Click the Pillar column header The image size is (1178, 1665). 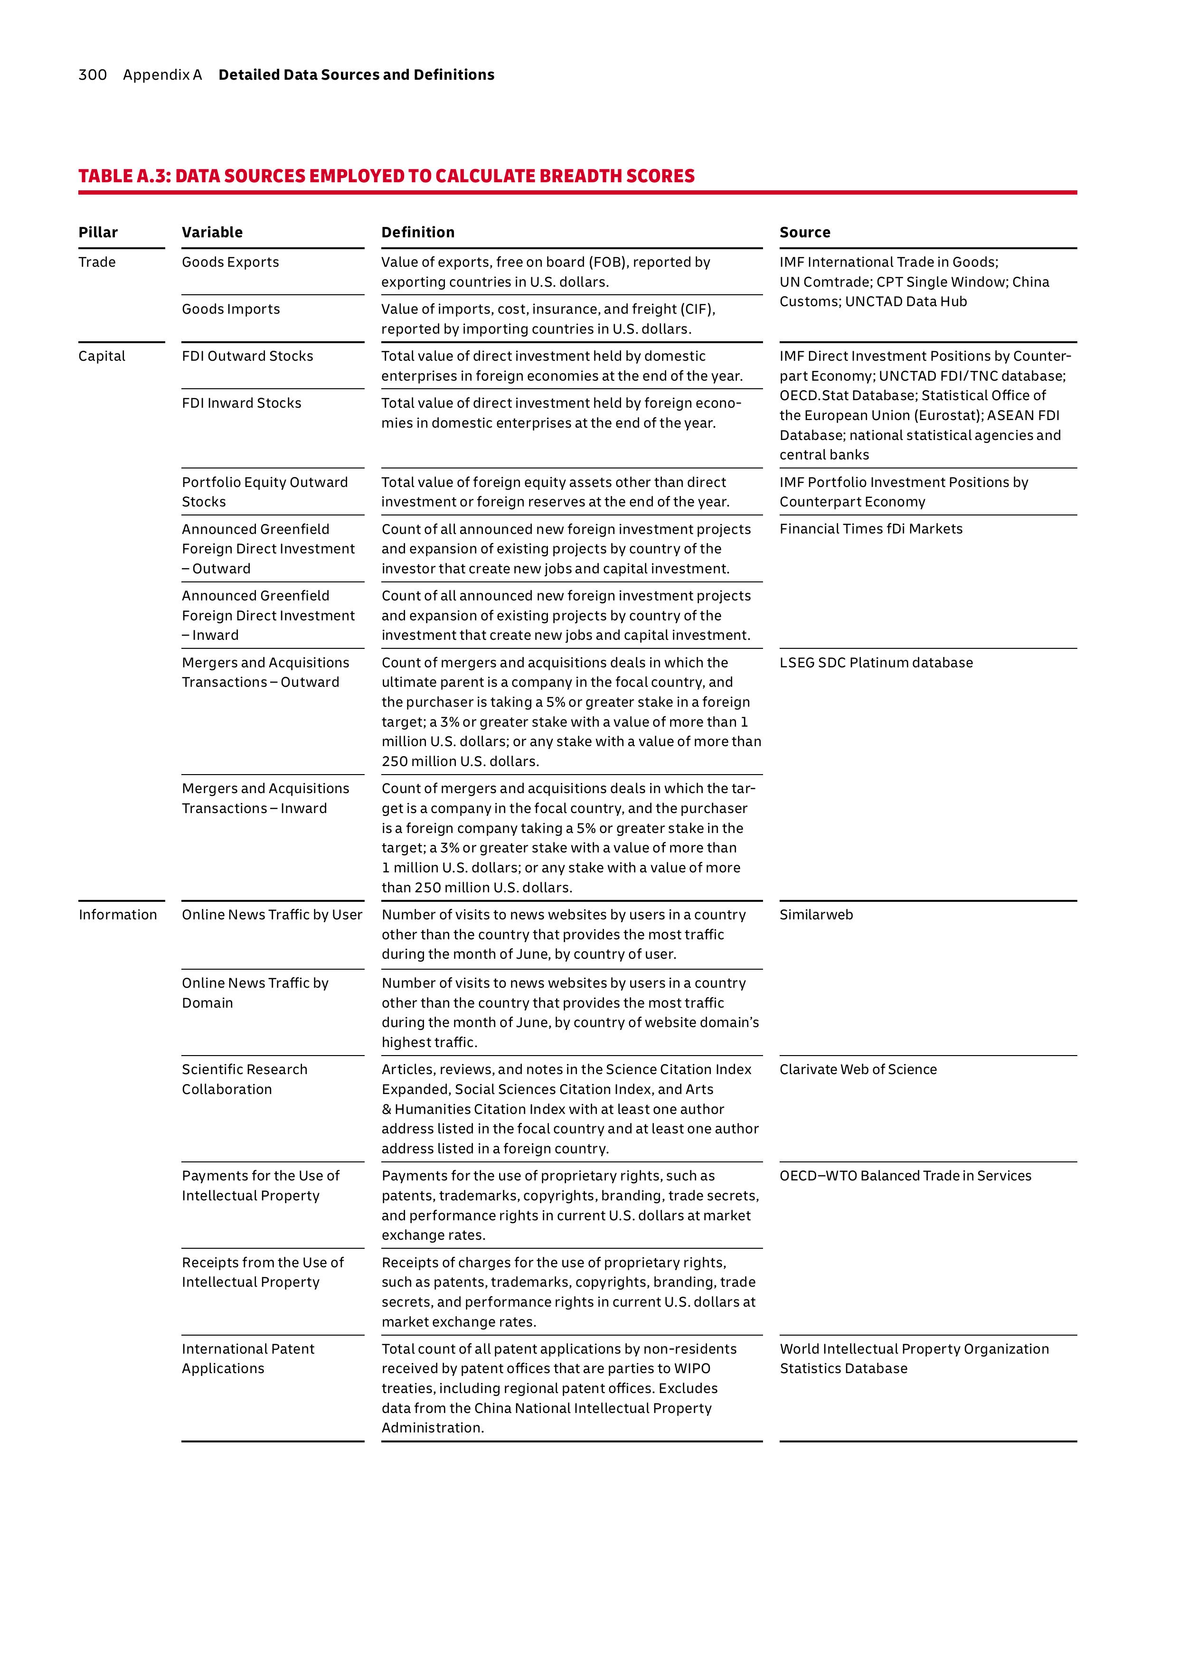pos(98,232)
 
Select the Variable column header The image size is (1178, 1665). pos(212,232)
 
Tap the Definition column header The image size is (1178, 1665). pos(418,232)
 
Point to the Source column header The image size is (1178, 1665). pos(804,232)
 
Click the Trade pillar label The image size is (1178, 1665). pos(97,262)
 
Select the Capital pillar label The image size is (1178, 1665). pos(102,356)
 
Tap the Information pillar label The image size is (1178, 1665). pos(117,915)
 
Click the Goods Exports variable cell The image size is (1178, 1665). pos(230,262)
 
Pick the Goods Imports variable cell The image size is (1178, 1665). pos(231,309)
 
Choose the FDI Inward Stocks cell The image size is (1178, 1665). pos(242,403)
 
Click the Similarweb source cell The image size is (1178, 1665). pos(816,915)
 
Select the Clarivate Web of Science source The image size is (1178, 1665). pos(858,1070)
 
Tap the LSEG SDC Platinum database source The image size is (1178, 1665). pos(876,663)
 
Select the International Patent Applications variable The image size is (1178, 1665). pos(248,1358)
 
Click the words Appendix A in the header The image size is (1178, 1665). pos(162,75)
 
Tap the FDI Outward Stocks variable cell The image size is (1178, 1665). pos(247,356)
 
